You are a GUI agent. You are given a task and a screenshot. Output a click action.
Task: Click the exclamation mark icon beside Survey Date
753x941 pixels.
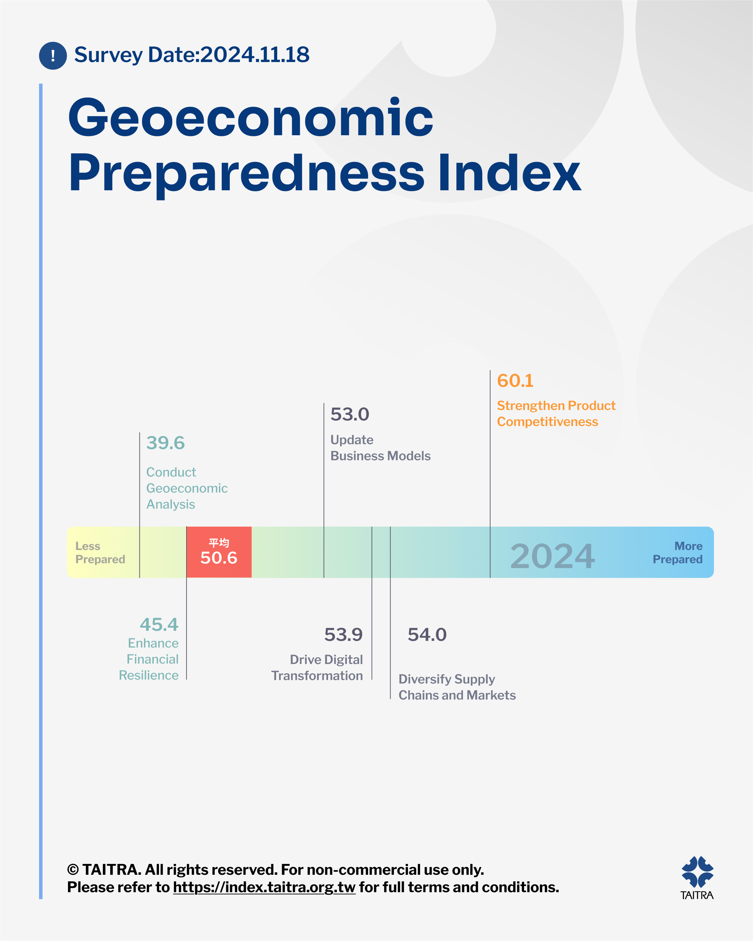53,55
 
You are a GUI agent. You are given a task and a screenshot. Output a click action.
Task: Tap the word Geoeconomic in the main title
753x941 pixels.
251,117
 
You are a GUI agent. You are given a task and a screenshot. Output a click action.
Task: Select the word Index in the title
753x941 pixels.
509,173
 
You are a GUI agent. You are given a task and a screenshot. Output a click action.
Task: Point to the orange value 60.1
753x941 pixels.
515,381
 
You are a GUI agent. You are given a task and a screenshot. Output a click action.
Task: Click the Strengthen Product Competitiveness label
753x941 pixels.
556,413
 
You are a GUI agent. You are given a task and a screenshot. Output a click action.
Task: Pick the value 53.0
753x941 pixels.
350,414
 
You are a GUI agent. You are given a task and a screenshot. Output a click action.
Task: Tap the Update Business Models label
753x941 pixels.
380,447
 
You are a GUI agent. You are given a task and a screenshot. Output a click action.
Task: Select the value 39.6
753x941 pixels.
166,443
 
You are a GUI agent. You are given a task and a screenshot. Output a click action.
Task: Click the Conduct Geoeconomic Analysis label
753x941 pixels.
187,488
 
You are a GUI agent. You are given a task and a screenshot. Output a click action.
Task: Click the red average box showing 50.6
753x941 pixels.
219,552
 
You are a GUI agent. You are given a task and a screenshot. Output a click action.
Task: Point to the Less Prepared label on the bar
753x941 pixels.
100,552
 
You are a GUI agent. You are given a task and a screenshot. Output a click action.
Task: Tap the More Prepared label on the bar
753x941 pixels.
677,552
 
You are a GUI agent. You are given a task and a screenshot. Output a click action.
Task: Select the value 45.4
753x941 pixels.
159,625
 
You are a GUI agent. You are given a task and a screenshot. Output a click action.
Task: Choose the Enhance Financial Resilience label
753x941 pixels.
149,659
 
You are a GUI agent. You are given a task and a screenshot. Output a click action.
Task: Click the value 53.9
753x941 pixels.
343,635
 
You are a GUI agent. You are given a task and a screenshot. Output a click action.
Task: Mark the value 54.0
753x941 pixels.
427,635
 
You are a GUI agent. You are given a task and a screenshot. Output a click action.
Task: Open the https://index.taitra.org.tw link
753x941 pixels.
264,887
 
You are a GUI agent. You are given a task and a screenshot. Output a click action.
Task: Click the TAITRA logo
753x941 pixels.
697,878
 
